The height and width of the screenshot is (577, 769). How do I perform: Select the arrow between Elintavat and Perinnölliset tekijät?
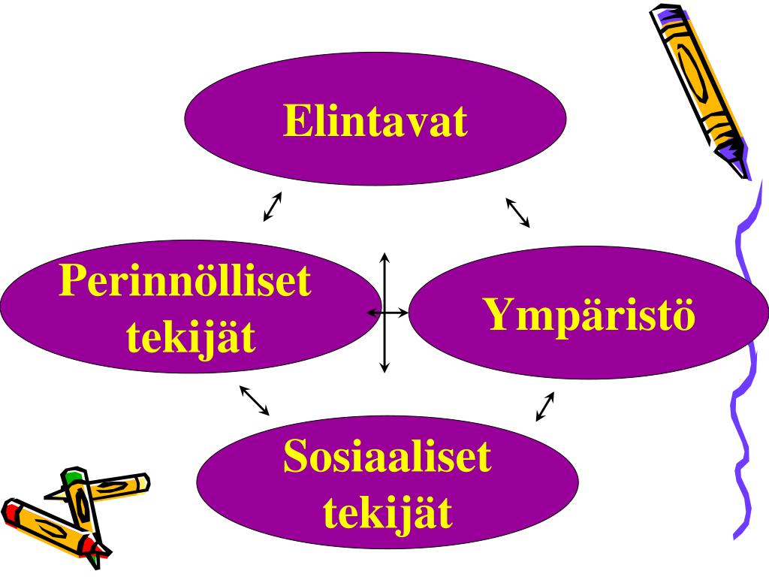coord(273,207)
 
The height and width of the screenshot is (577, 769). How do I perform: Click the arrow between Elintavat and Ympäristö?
coord(517,212)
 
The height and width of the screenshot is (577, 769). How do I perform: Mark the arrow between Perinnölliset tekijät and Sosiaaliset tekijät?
coord(254,400)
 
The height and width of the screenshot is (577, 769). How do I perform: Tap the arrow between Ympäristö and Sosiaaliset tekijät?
coord(545,406)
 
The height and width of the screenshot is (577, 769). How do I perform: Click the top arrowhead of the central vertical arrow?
coord(385,258)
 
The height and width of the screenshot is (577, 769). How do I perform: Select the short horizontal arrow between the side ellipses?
coord(387,311)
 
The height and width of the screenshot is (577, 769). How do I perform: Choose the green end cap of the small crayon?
coord(72,476)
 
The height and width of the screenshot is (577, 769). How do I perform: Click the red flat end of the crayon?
coord(12,511)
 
